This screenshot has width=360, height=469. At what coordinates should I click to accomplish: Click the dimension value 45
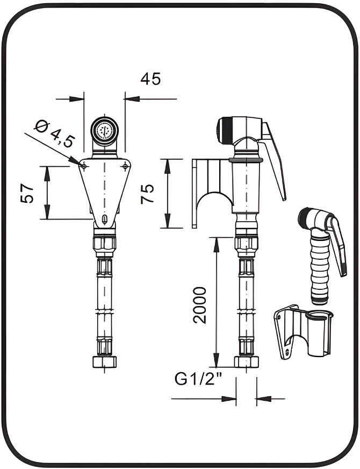150,79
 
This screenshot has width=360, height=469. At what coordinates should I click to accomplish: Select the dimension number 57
28,193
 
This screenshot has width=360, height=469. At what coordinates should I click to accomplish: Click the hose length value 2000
200,304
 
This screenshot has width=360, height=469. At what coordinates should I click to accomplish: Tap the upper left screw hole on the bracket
84,166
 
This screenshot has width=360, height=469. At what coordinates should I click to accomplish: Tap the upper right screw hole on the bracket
125,166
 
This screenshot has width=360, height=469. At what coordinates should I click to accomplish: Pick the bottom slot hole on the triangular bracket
104,218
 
